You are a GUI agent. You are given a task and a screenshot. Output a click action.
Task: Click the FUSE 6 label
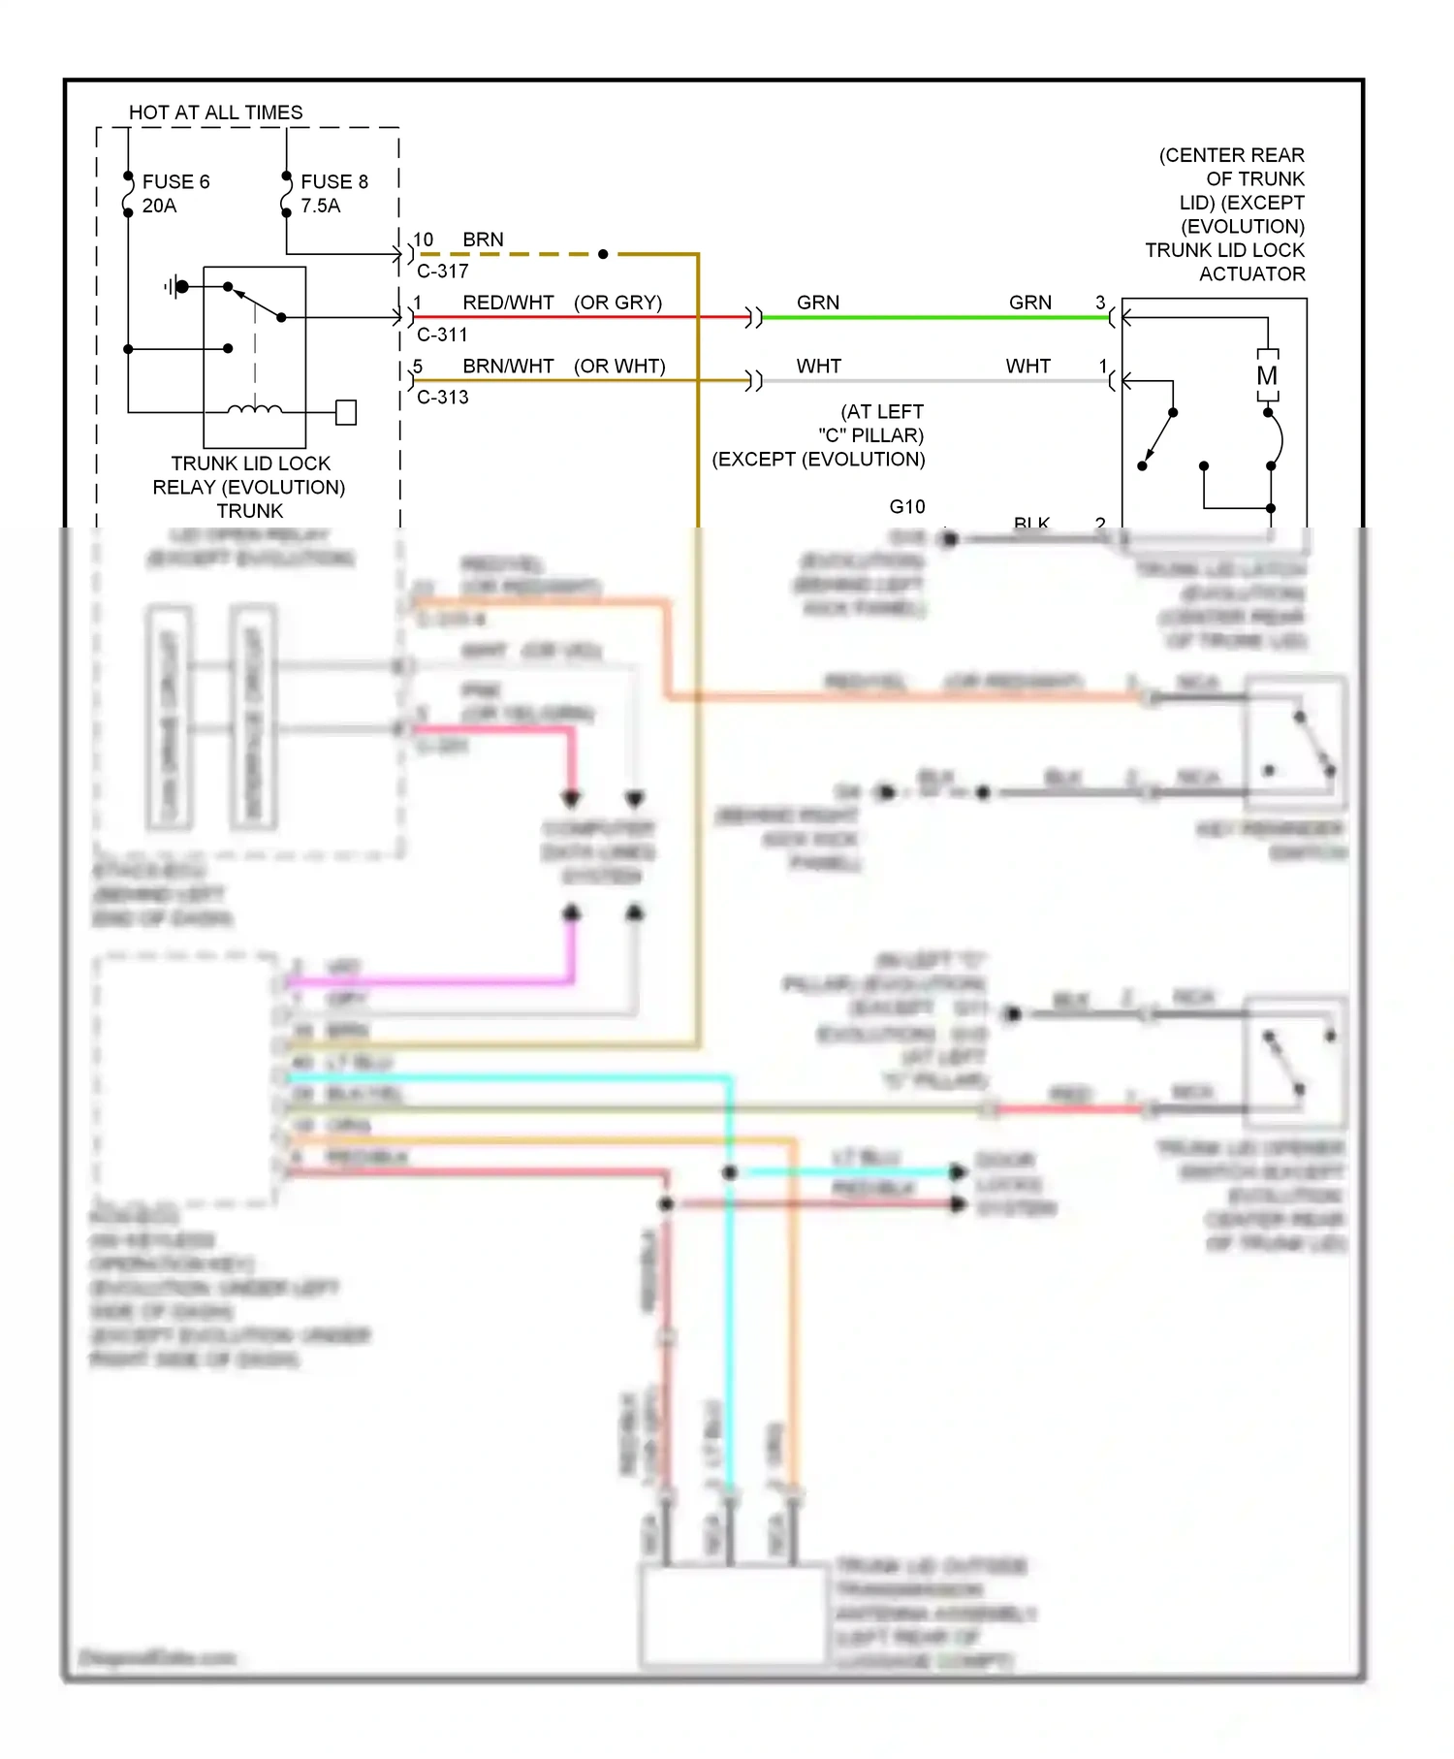(175, 181)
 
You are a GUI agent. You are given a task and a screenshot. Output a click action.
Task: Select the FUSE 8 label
(333, 181)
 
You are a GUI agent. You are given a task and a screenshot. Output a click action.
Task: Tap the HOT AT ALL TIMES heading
(215, 112)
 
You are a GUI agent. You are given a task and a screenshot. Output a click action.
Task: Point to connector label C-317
(442, 272)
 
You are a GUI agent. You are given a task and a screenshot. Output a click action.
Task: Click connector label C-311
(442, 335)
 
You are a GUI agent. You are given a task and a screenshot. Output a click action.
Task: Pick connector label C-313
(442, 398)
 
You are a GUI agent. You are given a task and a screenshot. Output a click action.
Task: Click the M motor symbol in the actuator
(1267, 376)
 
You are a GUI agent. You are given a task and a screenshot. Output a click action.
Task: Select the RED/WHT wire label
(508, 303)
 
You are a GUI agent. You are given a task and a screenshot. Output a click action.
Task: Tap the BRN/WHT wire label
(508, 367)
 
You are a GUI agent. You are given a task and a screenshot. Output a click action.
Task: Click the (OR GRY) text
(617, 303)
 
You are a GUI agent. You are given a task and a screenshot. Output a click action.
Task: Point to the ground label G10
(907, 506)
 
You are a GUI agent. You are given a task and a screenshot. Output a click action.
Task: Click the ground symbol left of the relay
(174, 286)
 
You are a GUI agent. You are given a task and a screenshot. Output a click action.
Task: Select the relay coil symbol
(255, 409)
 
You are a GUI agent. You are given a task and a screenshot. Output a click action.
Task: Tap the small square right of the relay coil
(346, 412)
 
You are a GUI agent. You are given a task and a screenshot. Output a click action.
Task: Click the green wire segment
(931, 317)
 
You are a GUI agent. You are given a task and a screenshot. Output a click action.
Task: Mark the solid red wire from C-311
(582, 317)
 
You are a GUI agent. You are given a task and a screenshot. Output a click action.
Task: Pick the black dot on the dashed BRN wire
(603, 254)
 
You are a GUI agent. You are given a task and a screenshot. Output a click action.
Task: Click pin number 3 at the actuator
(1100, 303)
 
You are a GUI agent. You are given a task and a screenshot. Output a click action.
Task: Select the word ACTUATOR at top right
(1251, 274)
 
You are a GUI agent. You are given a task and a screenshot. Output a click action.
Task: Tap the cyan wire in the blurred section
(730, 1309)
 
